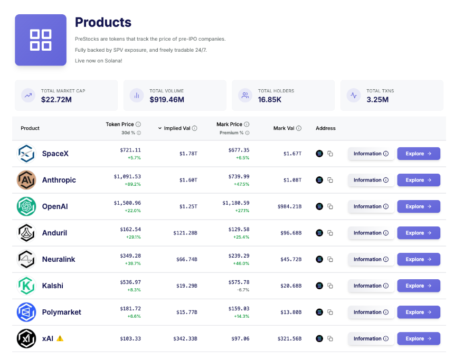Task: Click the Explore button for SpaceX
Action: (418, 154)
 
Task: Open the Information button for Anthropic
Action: (371, 180)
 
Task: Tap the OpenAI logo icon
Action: (26, 206)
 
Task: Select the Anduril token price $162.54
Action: (127, 229)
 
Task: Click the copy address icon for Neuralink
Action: (330, 259)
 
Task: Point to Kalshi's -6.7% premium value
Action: (243, 290)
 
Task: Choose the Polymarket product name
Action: (62, 312)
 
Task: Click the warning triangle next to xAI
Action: (60, 338)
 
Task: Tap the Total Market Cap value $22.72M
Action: (56, 99)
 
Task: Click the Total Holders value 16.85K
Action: (269, 99)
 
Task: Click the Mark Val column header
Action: (287, 128)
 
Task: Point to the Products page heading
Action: (103, 22)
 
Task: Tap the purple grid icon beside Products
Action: (41, 40)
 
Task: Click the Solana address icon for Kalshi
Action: (319, 286)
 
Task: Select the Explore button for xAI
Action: (418, 338)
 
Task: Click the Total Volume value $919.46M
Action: (167, 99)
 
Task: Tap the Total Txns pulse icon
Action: (353, 96)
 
